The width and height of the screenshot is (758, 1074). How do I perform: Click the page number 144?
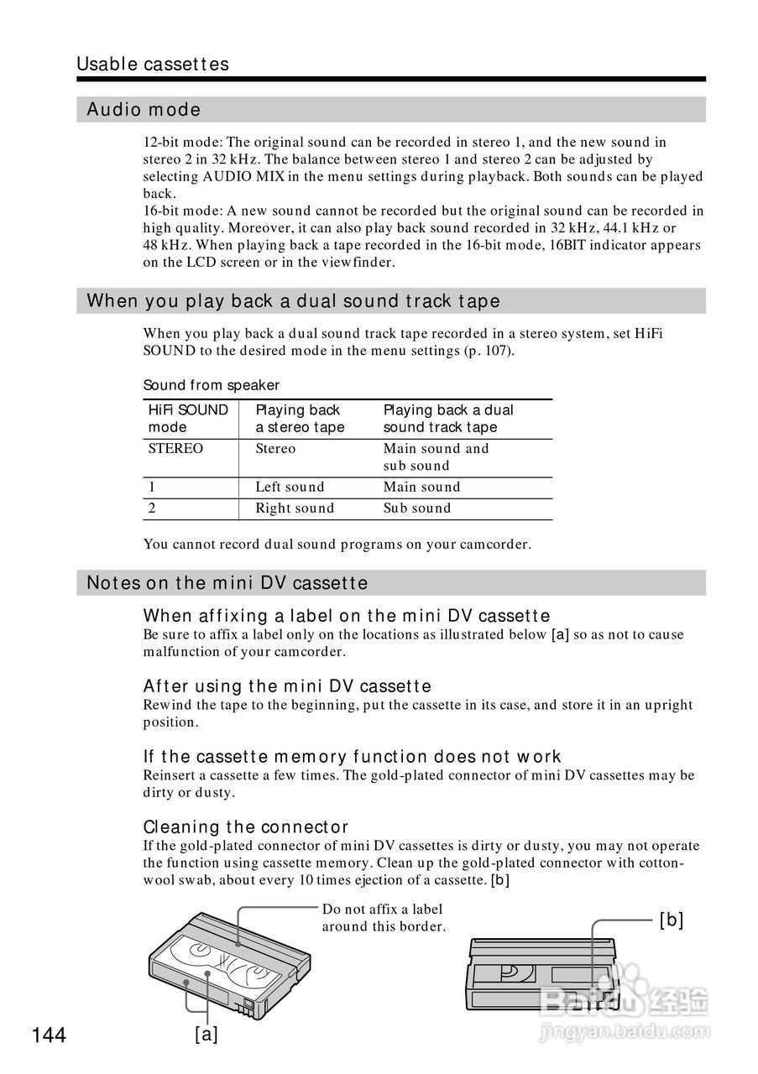(50, 1035)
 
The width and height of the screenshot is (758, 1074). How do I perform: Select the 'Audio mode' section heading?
(144, 110)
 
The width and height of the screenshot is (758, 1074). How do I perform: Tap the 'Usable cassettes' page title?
(152, 65)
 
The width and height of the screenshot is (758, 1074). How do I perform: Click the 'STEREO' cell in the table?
(175, 449)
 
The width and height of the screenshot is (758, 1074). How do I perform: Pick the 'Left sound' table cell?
(290, 487)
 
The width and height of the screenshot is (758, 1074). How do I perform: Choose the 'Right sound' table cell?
(295, 508)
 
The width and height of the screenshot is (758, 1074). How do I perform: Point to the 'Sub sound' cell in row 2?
(417, 508)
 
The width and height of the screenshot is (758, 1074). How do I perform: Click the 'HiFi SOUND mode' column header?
(188, 419)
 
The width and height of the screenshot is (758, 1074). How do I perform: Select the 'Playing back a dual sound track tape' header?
(448, 419)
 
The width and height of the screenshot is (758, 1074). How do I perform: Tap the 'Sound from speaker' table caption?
(212, 385)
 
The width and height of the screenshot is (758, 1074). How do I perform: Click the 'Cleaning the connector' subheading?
(246, 826)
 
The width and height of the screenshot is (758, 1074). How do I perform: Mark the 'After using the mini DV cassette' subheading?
(287, 686)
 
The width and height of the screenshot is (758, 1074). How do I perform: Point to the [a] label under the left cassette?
(206, 1034)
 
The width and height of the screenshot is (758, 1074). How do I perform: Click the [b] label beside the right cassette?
(672, 920)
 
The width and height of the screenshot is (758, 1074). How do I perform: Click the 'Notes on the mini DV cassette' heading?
(227, 583)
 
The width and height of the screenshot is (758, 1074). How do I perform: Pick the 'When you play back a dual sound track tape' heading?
(293, 301)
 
